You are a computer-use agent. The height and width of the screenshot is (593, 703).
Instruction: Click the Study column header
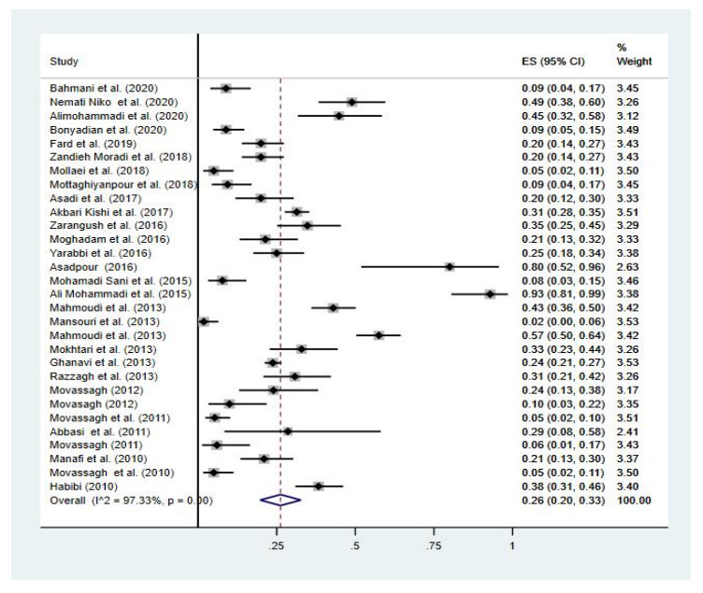[63, 63]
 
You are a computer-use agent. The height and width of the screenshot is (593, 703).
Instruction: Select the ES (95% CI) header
[553, 63]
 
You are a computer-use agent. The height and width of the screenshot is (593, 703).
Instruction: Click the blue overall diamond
[280, 500]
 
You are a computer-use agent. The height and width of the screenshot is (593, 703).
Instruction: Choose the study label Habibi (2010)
[81, 486]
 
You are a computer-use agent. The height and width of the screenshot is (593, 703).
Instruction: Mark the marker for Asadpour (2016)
[450, 266]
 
